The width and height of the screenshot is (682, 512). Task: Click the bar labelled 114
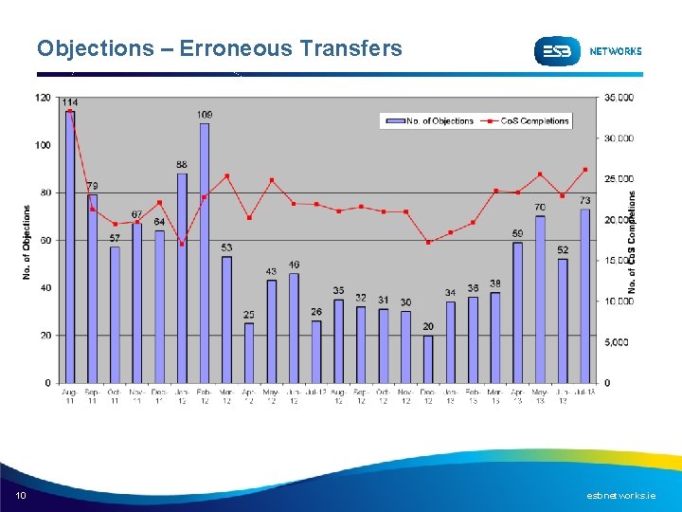click(x=70, y=247)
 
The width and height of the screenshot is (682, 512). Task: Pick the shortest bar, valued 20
click(x=428, y=358)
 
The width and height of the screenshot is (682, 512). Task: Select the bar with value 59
click(x=517, y=313)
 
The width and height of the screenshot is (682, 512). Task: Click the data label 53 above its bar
click(x=226, y=247)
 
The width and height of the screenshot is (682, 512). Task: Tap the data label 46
click(x=294, y=265)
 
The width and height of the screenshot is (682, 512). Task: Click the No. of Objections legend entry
click(x=436, y=120)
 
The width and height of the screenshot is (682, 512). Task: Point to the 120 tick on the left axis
click(x=43, y=98)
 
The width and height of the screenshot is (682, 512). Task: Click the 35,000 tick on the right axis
click(x=619, y=98)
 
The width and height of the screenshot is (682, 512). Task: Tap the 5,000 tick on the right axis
click(x=618, y=342)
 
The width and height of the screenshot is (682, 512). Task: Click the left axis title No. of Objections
click(x=27, y=243)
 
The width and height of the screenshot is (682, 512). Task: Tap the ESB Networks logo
click(x=587, y=51)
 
